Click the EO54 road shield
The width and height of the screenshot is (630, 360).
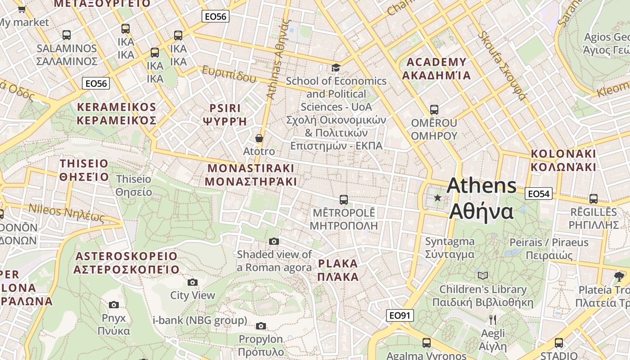pyautogui.click(x=538, y=194)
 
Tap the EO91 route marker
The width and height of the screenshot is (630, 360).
pyautogui.click(x=400, y=315)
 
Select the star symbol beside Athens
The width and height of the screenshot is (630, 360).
pyautogui.click(x=437, y=198)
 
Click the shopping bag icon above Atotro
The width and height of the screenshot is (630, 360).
pyautogui.click(x=259, y=138)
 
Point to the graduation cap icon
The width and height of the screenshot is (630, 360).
pyautogui.click(x=336, y=68)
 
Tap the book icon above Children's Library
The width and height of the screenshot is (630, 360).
pyautogui.click(x=482, y=275)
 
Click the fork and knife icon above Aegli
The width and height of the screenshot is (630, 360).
pyautogui.click(x=493, y=320)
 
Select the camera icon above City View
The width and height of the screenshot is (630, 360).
pyautogui.click(x=193, y=282)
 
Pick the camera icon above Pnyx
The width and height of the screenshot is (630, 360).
pyautogui.click(x=114, y=305)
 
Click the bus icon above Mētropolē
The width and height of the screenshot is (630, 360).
pyautogui.click(x=344, y=199)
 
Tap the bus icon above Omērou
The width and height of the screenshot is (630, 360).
pyautogui.click(x=434, y=110)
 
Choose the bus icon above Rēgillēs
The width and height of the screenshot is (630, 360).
pyautogui.click(x=593, y=198)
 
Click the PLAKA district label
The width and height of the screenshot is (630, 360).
pyautogui.click(x=338, y=270)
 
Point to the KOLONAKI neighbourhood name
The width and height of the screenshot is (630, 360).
pyautogui.click(x=563, y=160)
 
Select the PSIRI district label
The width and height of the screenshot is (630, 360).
pyautogui.click(x=225, y=114)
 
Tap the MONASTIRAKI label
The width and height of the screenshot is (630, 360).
pyautogui.click(x=251, y=175)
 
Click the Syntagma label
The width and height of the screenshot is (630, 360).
pyautogui.click(x=450, y=247)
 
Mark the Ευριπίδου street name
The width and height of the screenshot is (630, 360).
pyautogui.click(x=229, y=74)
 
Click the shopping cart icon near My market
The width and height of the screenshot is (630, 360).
pyautogui.click(x=22, y=9)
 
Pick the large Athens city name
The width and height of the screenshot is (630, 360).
pyautogui.click(x=481, y=198)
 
